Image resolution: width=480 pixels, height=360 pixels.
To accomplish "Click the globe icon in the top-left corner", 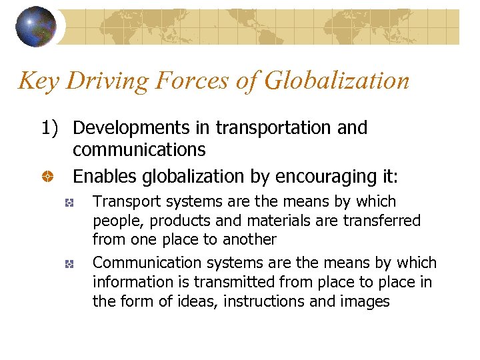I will click(36, 27).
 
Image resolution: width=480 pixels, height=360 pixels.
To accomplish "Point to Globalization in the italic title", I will click(336, 81).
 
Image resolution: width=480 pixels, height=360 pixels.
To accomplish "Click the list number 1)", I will click(53, 128).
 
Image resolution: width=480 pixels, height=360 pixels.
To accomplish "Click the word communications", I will click(139, 149).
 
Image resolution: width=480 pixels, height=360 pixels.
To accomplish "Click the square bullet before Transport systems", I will click(68, 203).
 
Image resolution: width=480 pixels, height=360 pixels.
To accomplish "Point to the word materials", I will click(263, 221).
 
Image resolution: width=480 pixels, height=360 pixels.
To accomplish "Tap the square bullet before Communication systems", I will click(68, 264).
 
